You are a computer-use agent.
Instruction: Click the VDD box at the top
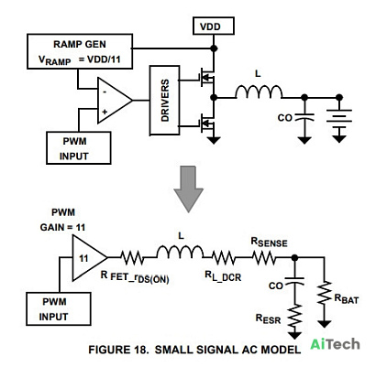[214, 26]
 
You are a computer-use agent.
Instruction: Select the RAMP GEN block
[80, 51]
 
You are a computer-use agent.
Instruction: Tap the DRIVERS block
[164, 101]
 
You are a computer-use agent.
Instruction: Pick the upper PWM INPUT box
[79, 148]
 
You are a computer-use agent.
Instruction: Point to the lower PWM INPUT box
[59, 308]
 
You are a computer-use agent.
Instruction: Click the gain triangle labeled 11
[90, 258]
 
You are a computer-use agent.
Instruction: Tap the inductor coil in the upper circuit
[259, 92]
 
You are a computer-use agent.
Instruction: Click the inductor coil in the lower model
[180, 252]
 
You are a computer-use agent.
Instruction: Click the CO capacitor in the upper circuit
[304, 117]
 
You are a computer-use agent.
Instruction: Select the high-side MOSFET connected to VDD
[206, 77]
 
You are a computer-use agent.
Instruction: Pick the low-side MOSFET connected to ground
[206, 123]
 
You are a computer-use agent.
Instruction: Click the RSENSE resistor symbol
[264, 258]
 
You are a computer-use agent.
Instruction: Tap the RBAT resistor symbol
[325, 293]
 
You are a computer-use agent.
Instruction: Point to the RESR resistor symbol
[294, 316]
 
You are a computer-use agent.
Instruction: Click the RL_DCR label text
[223, 276]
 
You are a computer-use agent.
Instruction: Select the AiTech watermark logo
[335, 344]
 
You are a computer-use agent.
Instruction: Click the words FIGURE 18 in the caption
[118, 350]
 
